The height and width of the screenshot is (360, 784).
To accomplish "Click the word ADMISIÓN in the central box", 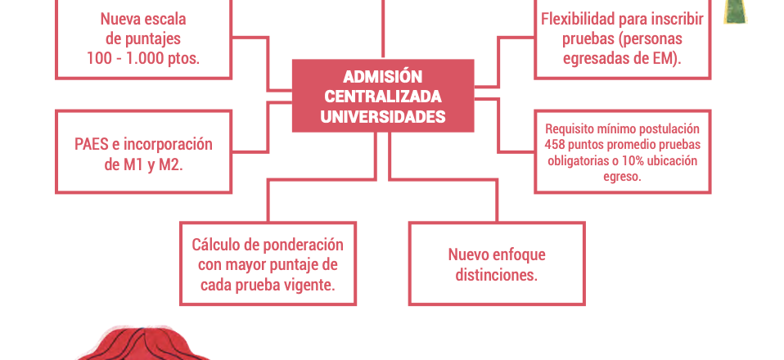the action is tap(383, 77).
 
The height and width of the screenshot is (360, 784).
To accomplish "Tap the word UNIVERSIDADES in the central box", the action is tap(383, 117).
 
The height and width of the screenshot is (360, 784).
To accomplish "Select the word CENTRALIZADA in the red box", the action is tap(383, 97).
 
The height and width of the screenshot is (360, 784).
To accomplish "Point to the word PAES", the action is tap(91, 144).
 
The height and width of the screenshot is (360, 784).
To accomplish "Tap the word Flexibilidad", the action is tap(579, 19).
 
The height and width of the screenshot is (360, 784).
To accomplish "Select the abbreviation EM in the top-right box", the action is tap(665, 59).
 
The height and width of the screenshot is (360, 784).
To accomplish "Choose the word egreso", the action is tap(623, 177).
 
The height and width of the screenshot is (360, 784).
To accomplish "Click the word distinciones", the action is tap(497, 275).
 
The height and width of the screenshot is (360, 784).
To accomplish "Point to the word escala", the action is tap(164, 19).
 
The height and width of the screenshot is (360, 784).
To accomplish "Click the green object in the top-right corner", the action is tap(736, 11).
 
